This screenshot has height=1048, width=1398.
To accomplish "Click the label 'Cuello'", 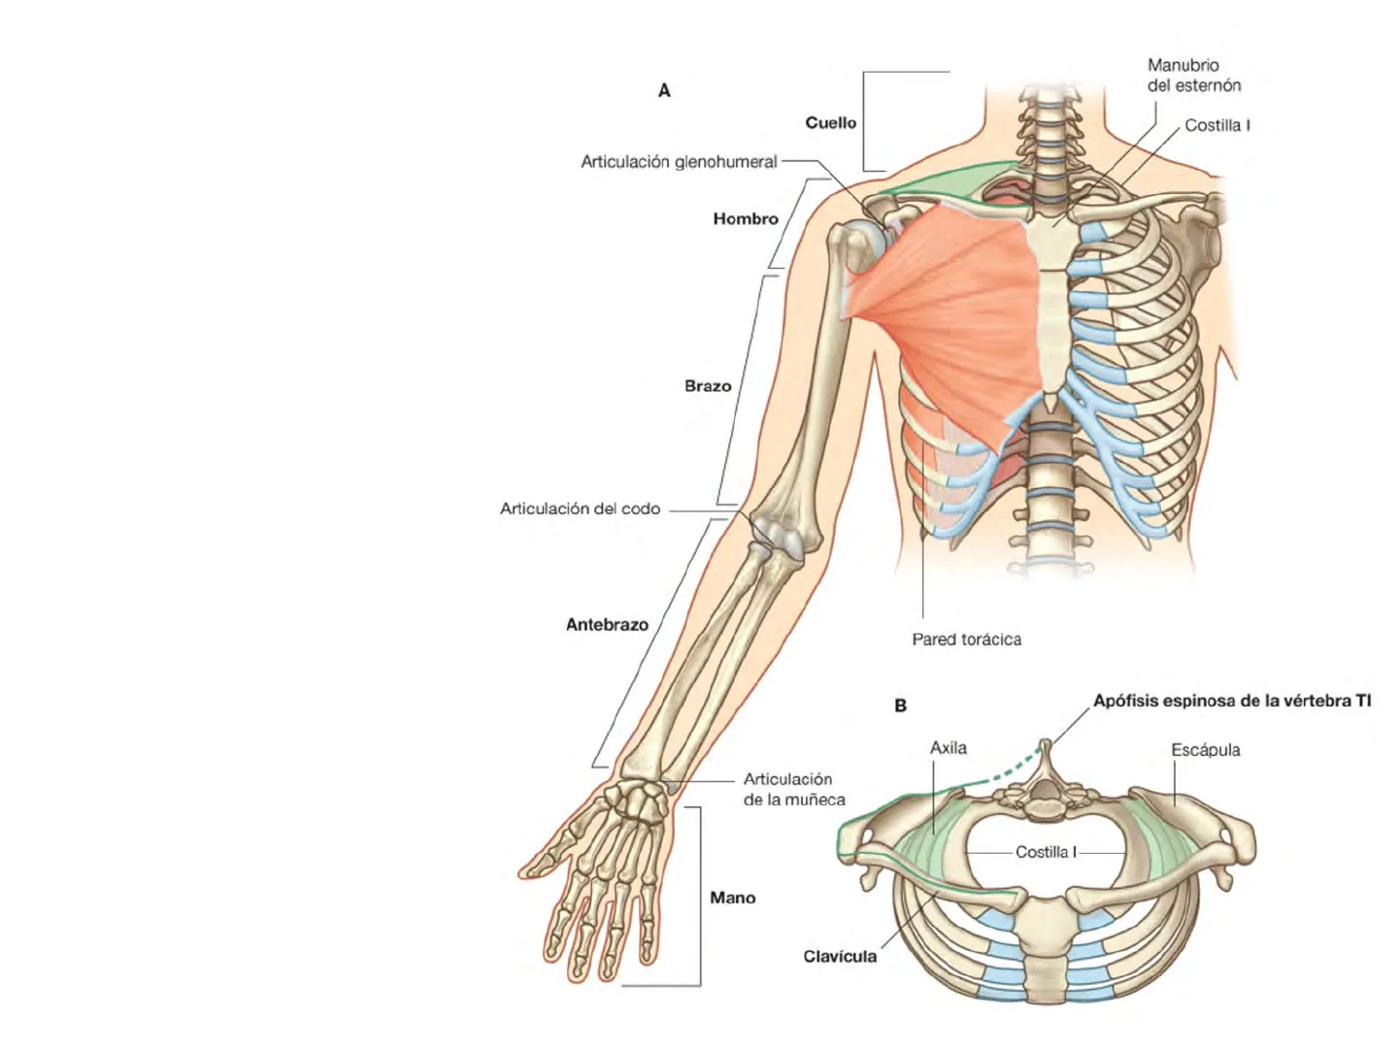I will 830,123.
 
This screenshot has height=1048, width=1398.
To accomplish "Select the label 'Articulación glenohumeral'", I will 679,162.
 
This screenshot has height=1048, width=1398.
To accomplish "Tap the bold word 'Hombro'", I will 746,219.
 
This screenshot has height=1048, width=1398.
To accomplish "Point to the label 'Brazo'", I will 708,386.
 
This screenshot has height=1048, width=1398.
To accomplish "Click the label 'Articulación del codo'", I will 580,508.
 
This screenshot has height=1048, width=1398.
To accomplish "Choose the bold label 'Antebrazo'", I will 607,625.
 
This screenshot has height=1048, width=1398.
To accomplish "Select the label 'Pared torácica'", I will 966,639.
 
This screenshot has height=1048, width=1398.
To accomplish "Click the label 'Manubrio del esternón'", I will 1193,76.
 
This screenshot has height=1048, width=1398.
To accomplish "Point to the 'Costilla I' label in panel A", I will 1216,125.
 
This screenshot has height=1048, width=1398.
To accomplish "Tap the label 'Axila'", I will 948,748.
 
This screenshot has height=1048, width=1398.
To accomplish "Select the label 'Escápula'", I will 1205,750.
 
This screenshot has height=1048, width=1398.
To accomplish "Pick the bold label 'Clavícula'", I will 839,957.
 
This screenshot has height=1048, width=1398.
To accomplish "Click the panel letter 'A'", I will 664,91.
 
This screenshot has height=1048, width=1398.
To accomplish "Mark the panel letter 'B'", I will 900,706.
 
